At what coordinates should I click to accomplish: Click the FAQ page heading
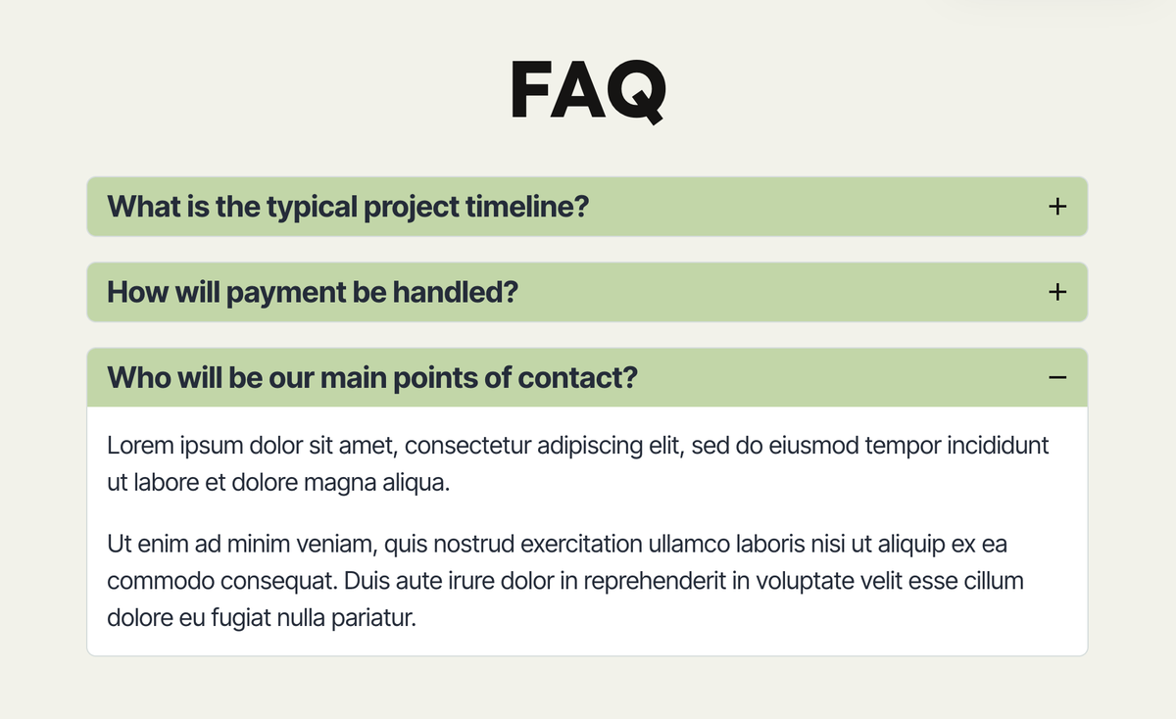coord(588,91)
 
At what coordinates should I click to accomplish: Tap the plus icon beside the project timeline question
coord(1056,207)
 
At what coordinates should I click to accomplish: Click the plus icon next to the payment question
coord(1056,292)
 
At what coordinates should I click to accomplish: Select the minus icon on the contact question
coord(1056,377)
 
